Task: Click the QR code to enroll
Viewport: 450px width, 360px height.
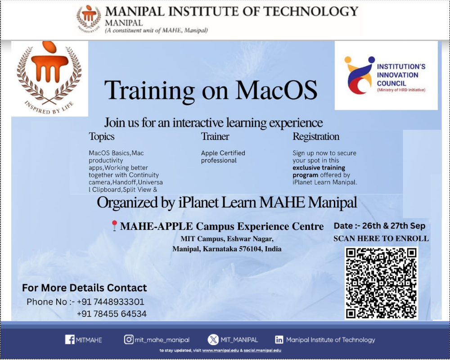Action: [x=381, y=283]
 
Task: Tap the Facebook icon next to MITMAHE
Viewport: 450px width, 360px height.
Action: [x=70, y=340]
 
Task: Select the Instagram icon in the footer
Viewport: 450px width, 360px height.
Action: [x=129, y=340]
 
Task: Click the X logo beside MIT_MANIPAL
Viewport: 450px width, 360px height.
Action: [x=213, y=340]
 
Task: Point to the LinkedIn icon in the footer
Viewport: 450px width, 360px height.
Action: [x=279, y=340]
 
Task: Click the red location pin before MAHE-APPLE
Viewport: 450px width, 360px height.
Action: [x=114, y=226]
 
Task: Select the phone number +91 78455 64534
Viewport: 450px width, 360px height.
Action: [x=112, y=314]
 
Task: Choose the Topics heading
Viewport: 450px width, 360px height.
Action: [x=102, y=136]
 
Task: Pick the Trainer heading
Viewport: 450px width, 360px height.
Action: [x=215, y=136]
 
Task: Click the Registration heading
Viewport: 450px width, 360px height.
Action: [x=316, y=136]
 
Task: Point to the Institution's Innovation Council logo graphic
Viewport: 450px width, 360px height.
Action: [x=358, y=76]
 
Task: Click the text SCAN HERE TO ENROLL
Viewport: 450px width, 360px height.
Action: [x=381, y=239]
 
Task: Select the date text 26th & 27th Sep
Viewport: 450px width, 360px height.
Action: [x=393, y=226]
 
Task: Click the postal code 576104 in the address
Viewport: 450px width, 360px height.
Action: [x=248, y=249]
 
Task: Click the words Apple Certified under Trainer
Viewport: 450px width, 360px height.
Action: [x=223, y=153]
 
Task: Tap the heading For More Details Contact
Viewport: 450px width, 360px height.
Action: [x=85, y=288]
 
